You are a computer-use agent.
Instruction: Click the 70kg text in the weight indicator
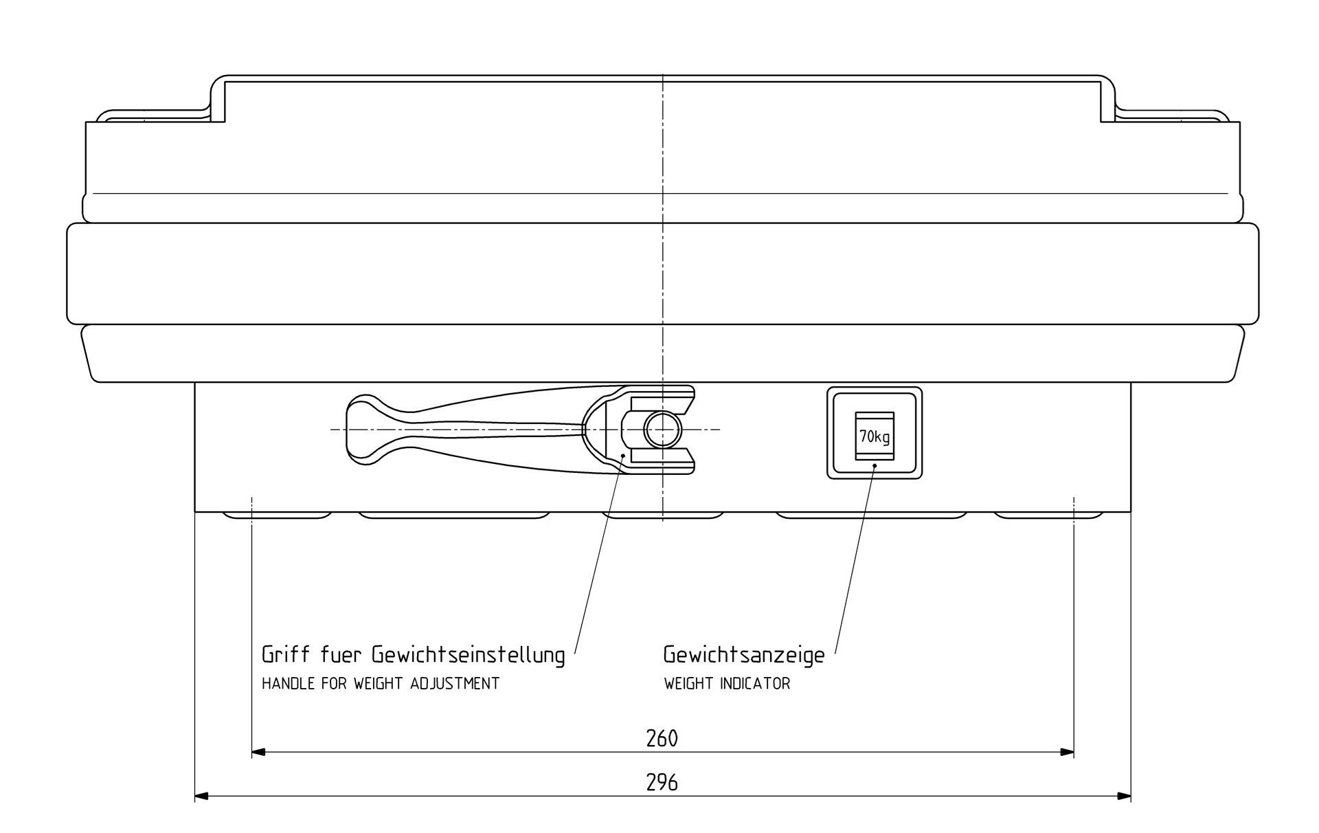tap(875, 436)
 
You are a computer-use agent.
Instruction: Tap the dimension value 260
tap(662, 738)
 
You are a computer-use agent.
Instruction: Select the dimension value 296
tap(662, 782)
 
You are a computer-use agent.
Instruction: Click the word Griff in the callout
tap(285, 654)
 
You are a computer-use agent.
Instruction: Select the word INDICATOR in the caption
tap(756, 684)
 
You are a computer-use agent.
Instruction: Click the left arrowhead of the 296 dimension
tap(201, 797)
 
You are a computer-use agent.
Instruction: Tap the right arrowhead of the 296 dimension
tap(1125, 797)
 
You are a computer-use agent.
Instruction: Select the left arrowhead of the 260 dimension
tap(258, 753)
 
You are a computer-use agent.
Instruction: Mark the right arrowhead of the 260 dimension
tap(1068, 753)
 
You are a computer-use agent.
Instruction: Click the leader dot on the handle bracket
tap(622, 455)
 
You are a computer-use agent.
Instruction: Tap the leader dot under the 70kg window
tap(875, 466)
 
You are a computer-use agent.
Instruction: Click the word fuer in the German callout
tap(341, 654)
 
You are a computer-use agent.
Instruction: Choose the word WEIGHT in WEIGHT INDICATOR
tap(690, 684)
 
